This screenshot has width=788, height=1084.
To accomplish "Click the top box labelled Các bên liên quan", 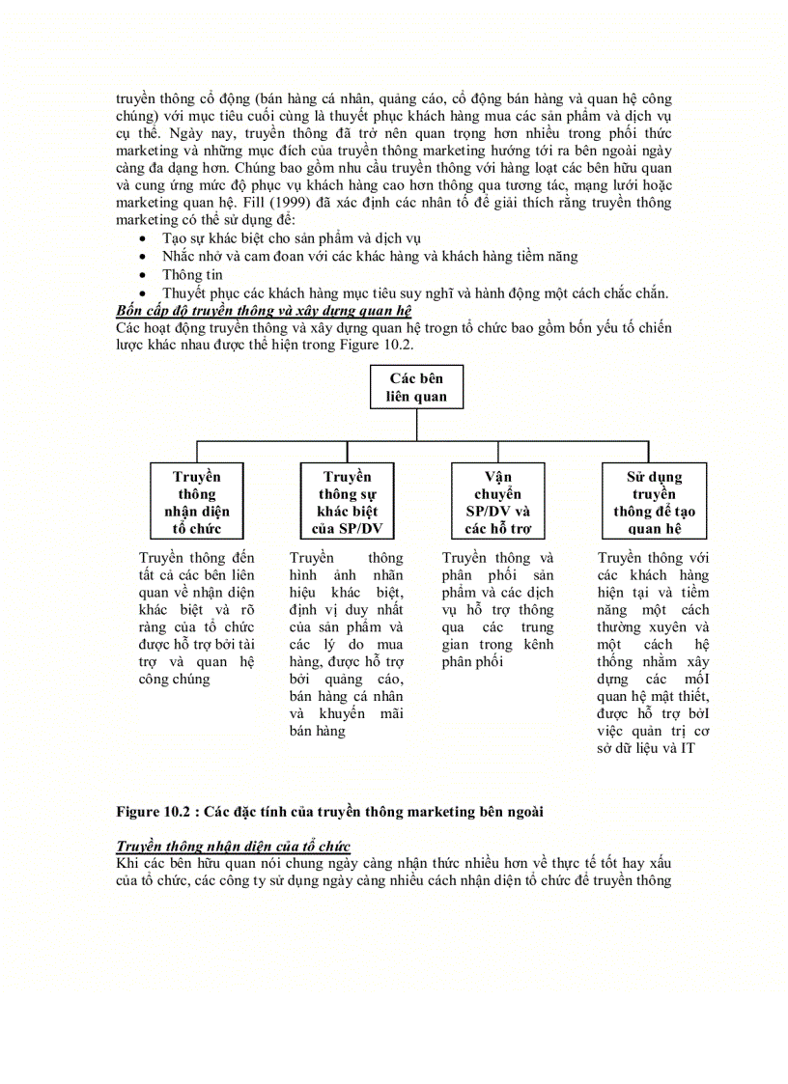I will (416, 387).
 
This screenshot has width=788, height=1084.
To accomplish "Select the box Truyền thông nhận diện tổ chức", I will (197, 501).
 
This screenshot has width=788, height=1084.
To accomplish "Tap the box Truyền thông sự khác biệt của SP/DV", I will (347, 501).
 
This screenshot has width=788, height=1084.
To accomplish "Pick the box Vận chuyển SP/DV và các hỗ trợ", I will (498, 501).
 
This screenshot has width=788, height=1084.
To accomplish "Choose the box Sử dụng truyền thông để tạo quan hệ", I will (654, 501).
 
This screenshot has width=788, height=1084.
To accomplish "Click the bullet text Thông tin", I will (192, 274).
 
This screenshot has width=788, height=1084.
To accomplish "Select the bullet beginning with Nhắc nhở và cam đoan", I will (370, 256).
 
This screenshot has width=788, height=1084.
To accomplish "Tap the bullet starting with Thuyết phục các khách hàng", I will (415, 293).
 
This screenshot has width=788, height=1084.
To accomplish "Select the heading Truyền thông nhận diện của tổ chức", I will (233, 846).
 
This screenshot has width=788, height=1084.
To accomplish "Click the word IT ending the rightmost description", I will (687, 748).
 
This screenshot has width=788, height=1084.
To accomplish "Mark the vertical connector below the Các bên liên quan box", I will (416, 426).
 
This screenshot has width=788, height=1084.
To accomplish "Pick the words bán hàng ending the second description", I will (318, 731).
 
